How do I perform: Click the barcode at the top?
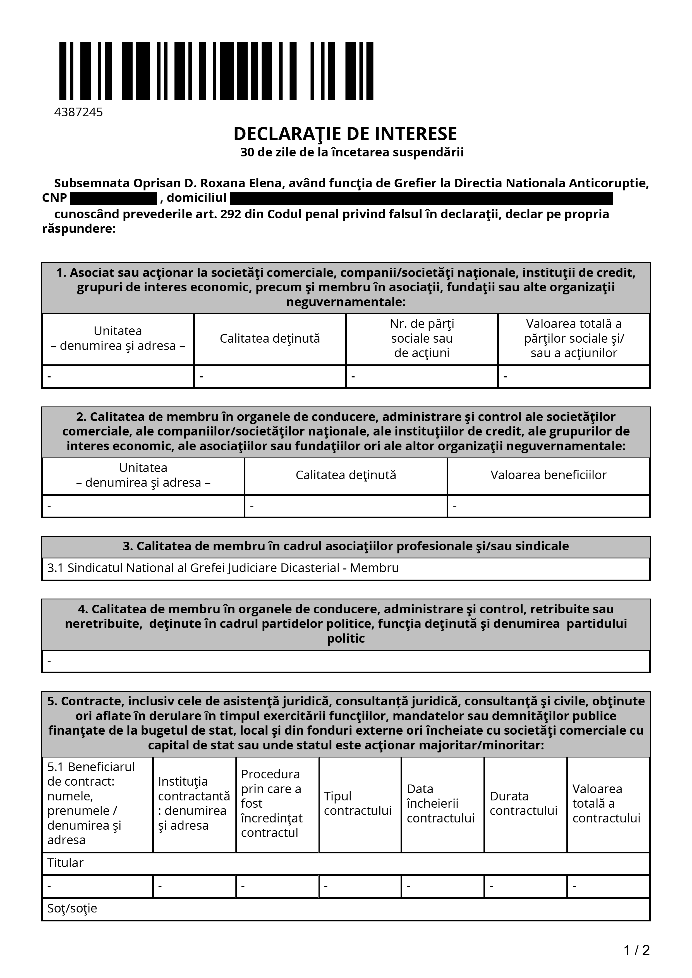coord(216,71)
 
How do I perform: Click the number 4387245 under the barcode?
coord(78,112)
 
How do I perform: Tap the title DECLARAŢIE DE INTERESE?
coord(345,134)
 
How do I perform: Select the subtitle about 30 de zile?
coord(352,152)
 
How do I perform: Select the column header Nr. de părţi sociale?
coord(422,338)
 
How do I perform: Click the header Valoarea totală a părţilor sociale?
coord(573,338)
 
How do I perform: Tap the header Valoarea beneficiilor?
coord(548,475)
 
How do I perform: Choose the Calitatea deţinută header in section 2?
coord(346,475)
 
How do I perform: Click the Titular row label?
coord(65,863)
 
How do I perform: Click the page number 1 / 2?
coord(636,950)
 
